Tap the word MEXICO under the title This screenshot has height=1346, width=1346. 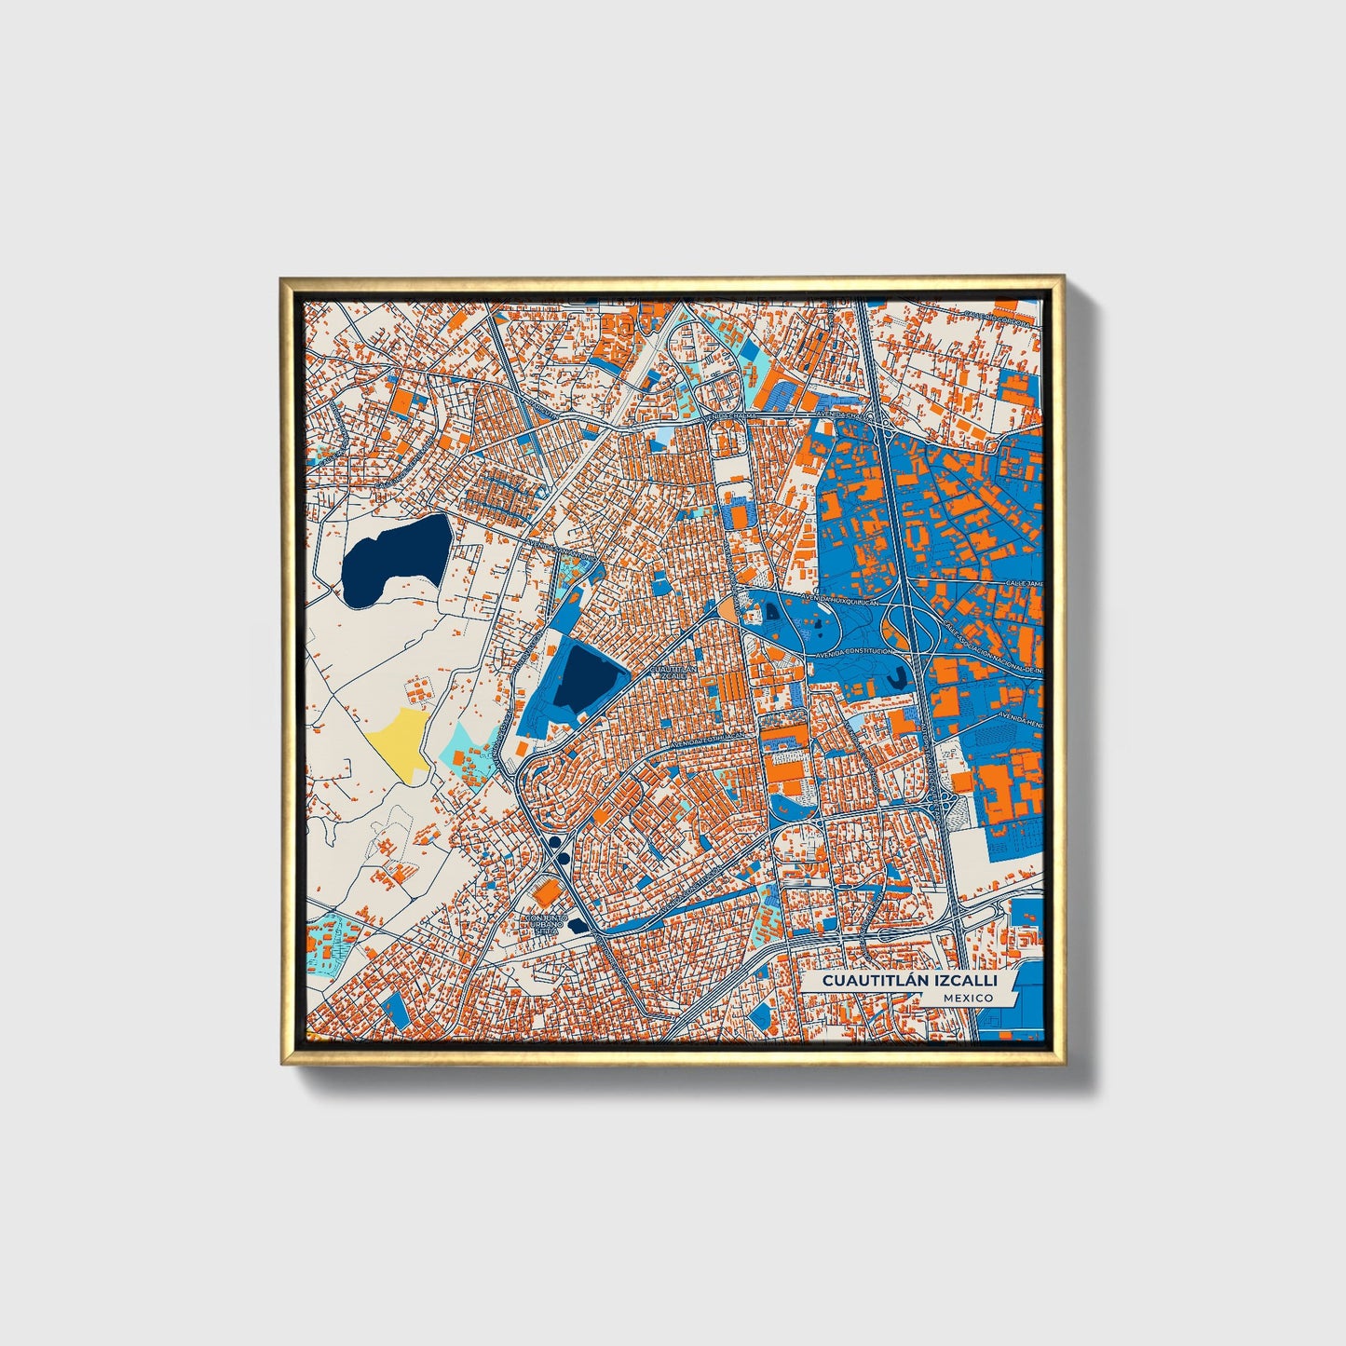(967, 998)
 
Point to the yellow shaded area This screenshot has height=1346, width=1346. (400, 739)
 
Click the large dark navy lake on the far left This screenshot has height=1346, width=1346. (391, 559)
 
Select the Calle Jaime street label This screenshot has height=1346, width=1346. (1024, 584)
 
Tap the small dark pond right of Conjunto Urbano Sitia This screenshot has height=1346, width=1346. (578, 925)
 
